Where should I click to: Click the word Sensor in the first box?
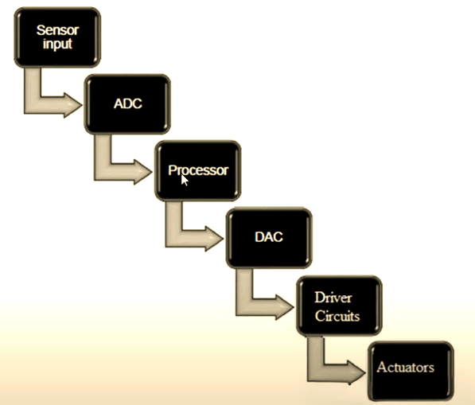tap(57, 30)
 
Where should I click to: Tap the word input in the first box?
tap(57, 44)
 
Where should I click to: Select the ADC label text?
tap(128, 103)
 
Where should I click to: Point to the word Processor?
tap(198, 170)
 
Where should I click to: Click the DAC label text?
tap(269, 237)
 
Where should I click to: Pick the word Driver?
tap(333, 298)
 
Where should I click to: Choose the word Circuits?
tap(337, 316)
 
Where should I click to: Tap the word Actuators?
tap(405, 367)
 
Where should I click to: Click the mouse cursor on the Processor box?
tap(185, 181)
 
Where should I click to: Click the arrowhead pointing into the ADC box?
tap(72, 105)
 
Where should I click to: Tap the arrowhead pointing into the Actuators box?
tap(356, 372)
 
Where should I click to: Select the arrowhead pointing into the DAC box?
tap(214, 239)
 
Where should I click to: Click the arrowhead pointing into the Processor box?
tap(143, 172)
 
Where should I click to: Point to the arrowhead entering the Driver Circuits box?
tap(285, 307)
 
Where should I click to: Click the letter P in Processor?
tap(172, 170)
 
